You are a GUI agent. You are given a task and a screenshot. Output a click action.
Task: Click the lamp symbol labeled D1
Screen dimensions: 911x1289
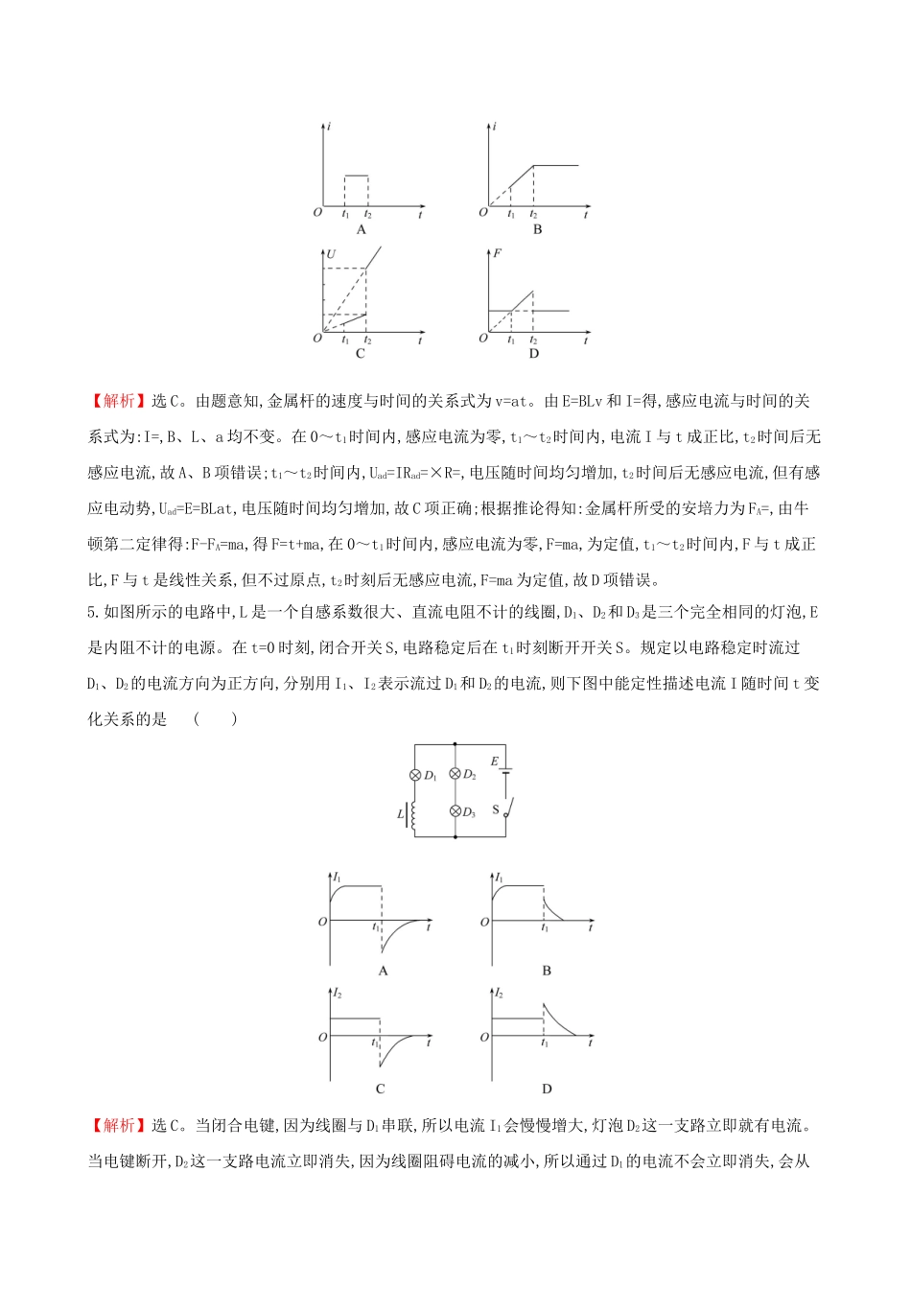(415, 775)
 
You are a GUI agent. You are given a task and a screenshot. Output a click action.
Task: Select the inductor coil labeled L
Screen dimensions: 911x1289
(413, 814)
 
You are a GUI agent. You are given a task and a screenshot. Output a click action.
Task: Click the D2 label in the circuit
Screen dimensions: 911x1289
(470, 775)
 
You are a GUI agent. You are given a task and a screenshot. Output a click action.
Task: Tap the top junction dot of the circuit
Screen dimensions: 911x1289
(455, 744)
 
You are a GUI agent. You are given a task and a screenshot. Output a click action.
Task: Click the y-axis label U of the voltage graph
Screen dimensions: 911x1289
(331, 254)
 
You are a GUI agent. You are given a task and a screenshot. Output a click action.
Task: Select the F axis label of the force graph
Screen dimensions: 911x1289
(497, 254)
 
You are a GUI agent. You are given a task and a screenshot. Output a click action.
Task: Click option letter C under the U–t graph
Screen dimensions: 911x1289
(361, 354)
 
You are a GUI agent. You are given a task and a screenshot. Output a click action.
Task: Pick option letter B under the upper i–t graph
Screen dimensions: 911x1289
(537, 230)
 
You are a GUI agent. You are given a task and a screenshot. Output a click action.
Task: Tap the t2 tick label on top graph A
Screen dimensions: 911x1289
(368, 215)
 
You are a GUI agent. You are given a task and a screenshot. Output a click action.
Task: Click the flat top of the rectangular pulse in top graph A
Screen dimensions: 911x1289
(356, 176)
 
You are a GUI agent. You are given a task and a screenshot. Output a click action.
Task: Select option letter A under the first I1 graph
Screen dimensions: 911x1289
(383, 971)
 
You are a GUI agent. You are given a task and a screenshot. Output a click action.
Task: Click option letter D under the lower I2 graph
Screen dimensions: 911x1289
(547, 1089)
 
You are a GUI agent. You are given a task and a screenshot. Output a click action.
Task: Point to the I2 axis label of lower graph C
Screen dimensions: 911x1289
(338, 994)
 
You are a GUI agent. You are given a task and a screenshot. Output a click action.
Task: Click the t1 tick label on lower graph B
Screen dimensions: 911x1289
(545, 926)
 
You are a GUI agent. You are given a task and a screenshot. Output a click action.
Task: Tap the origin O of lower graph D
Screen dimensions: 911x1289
(484, 1037)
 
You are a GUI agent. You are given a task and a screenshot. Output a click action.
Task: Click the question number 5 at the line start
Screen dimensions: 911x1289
(91, 612)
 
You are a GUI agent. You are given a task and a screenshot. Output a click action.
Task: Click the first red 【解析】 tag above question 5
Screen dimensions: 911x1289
(119, 401)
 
